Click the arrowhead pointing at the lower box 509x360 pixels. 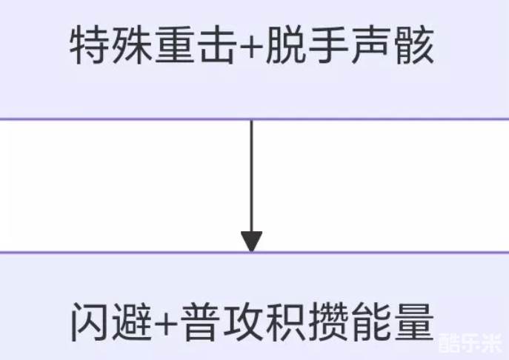[x=251, y=241]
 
